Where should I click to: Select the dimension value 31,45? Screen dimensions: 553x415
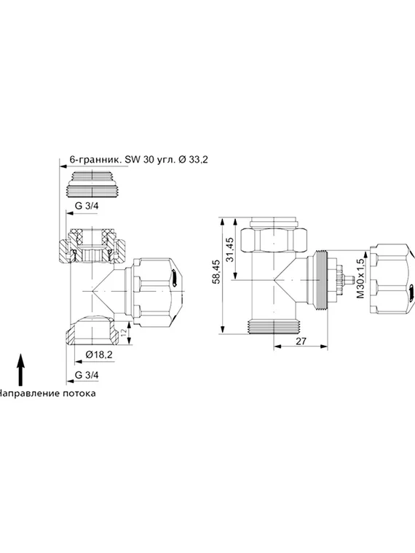click(x=231, y=250)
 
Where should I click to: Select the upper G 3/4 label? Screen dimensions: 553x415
click(x=88, y=206)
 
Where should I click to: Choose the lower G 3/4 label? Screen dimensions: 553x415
click(x=88, y=375)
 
